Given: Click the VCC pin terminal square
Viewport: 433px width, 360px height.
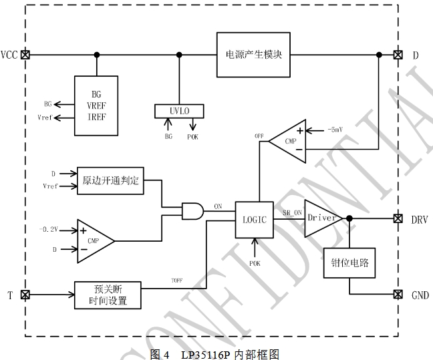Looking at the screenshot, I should pyautogui.click(x=25, y=55).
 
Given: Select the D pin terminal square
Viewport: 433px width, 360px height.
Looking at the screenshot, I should pyautogui.click(x=399, y=55).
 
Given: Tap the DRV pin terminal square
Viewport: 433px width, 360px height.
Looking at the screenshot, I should pyautogui.click(x=399, y=218).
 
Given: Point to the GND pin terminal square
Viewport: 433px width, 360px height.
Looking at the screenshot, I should pyautogui.click(x=399, y=295).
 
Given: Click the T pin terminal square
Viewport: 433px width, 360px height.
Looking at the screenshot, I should pyautogui.click(x=25, y=295).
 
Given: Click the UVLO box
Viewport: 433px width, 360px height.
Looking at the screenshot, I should pyautogui.click(x=178, y=110).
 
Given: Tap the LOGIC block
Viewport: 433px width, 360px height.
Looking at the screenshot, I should pyautogui.click(x=255, y=218).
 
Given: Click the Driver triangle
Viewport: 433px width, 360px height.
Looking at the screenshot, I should pyautogui.click(x=321, y=218).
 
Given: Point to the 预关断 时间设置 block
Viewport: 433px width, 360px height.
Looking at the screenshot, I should pyautogui.click(x=108, y=295).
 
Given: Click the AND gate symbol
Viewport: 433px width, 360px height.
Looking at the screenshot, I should pyautogui.click(x=194, y=211).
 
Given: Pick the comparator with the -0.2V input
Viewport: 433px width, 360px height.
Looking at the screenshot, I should pyautogui.click(x=94, y=239).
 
